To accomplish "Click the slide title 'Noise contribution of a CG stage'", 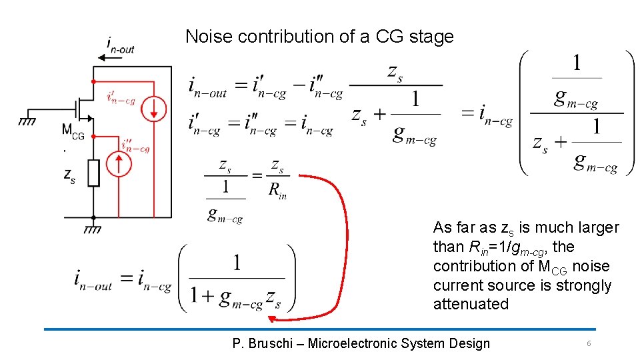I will point(319,37).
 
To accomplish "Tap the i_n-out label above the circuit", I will point(121,45).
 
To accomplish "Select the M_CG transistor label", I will point(73,131).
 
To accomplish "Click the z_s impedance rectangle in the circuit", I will point(93,173).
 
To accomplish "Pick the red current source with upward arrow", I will point(120,164).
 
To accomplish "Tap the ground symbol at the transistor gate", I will point(27,121).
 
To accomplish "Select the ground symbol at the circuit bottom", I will point(93,229).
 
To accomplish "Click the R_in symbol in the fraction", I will point(277,191).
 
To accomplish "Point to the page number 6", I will point(589,343).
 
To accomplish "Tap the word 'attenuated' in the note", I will point(471,305).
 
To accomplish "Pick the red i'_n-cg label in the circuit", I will point(121,97).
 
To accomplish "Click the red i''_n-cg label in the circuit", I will point(135,146).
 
